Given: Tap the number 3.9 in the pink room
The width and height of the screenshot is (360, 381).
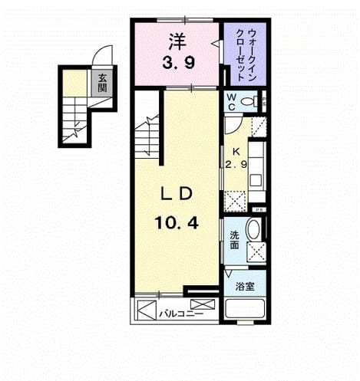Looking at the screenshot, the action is pos(179,63).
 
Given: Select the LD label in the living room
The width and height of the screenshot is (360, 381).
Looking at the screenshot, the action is pos(177,195).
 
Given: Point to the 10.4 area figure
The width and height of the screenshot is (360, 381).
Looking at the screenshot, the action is pos(177,222).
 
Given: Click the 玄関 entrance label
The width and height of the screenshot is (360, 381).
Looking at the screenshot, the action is pos(102,83).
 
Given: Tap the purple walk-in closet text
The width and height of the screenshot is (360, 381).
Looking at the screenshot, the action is pos(246,54).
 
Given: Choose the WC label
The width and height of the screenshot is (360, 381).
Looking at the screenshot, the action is pos(232,102).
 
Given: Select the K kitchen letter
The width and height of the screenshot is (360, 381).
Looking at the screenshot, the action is pos(236,152).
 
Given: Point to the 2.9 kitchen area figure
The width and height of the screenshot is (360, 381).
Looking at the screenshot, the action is pos(236,164).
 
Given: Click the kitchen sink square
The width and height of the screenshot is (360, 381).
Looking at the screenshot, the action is pos(256,179).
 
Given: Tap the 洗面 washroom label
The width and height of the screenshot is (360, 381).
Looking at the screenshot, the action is pos(234,240).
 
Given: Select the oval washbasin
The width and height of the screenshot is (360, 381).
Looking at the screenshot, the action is pos(253,228).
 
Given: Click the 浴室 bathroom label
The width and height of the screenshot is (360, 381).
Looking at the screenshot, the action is pos(245,287).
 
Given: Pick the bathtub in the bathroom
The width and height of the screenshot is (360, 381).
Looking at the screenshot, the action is pos(244,308).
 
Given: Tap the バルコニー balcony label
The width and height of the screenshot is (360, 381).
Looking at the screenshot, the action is pos(181,314).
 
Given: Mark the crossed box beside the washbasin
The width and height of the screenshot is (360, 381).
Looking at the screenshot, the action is pos(256,252).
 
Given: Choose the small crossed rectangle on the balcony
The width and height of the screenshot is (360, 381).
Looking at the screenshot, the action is pos(203,304).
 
